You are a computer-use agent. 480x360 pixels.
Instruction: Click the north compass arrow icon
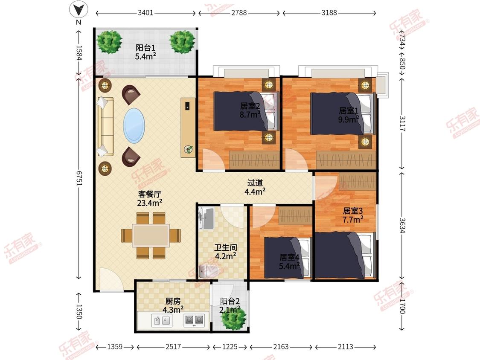pyautogui.click(x=79, y=10)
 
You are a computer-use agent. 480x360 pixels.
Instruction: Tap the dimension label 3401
pyautogui.click(x=145, y=13)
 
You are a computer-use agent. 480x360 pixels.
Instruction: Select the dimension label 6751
pyautogui.click(x=79, y=178)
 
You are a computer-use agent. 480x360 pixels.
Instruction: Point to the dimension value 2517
pyautogui.click(x=173, y=347)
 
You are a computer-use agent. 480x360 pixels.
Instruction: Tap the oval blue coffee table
pyautogui.click(x=134, y=125)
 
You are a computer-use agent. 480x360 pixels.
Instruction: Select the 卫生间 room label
pyautogui.click(x=225, y=247)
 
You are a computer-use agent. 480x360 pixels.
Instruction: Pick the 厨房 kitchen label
pyautogui.click(x=173, y=301)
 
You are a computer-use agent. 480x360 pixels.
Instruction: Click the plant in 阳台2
pyautogui.click(x=233, y=318)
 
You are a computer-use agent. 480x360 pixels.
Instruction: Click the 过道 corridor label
pyautogui.click(x=255, y=183)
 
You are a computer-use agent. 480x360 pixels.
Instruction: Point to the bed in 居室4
pyautogui.click(x=288, y=258)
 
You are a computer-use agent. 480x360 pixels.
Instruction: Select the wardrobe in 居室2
pyautogui.click(x=254, y=160)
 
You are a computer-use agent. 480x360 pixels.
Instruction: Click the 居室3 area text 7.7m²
pyautogui.click(x=353, y=220)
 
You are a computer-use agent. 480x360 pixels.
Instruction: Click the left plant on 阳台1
pyautogui.click(x=109, y=42)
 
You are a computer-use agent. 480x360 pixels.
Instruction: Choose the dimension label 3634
pyautogui.click(x=402, y=226)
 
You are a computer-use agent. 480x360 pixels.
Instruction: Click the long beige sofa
pyautogui.click(x=105, y=127)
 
